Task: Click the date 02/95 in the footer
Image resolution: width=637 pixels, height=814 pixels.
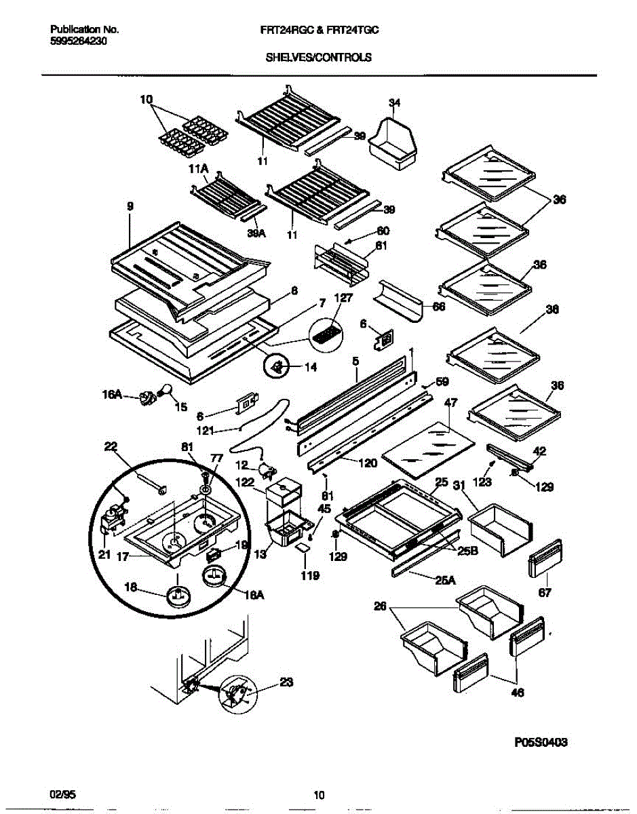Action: tap(60, 794)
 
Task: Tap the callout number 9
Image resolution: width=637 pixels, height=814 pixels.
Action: tap(130, 206)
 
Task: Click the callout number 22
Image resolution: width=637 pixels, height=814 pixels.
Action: tap(111, 446)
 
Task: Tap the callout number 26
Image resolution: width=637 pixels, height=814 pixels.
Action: tap(379, 608)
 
